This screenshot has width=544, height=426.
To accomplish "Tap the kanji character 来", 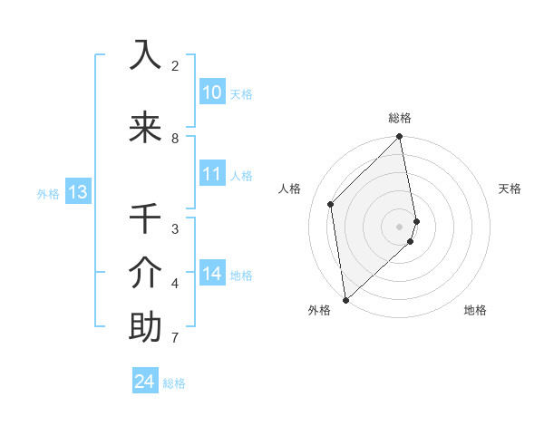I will [x=145, y=128].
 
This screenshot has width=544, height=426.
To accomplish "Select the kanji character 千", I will [x=145, y=218].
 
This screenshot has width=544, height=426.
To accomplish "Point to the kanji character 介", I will [x=145, y=272].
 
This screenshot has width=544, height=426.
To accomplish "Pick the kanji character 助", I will [x=145, y=326].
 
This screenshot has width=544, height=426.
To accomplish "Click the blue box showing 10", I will [x=212, y=92].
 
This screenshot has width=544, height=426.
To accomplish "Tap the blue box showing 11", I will [x=212, y=174].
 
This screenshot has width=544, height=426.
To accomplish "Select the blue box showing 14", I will [x=212, y=274].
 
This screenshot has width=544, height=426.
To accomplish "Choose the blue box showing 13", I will [x=78, y=192].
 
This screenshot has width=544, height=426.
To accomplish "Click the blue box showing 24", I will [x=145, y=382].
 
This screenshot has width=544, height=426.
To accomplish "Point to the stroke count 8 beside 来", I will [x=175, y=139].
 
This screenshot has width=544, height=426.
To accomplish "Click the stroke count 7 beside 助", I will [x=175, y=338].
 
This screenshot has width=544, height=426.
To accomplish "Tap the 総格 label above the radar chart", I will [x=400, y=118].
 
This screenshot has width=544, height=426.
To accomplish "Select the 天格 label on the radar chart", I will [x=510, y=189].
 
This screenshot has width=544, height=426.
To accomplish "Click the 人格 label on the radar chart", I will [x=290, y=189].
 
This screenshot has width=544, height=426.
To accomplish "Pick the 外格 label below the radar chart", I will [x=318, y=310].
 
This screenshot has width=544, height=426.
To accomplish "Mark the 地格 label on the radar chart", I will [x=475, y=310].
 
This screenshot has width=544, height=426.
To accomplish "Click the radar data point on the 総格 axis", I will [x=400, y=138].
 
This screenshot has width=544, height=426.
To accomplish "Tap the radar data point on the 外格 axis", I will [x=345, y=299].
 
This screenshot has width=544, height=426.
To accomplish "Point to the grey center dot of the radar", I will [x=400, y=226].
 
